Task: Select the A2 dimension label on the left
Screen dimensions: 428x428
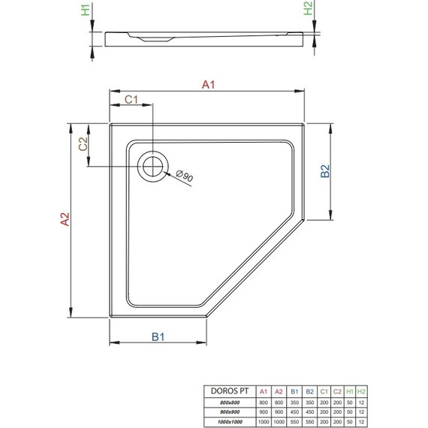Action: [x=65, y=219]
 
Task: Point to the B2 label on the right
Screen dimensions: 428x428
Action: [x=325, y=172]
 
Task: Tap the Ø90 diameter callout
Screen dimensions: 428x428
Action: [x=184, y=177]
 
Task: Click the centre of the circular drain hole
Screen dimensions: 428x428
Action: [x=154, y=166]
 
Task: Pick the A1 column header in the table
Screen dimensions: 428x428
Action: [x=263, y=391]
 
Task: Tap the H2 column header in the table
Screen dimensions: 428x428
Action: [x=363, y=391]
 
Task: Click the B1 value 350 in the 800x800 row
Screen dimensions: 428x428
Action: [x=294, y=402]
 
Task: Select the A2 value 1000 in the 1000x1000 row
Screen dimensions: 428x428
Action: [x=279, y=421]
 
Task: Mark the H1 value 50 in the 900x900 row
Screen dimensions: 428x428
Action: [x=350, y=412]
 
